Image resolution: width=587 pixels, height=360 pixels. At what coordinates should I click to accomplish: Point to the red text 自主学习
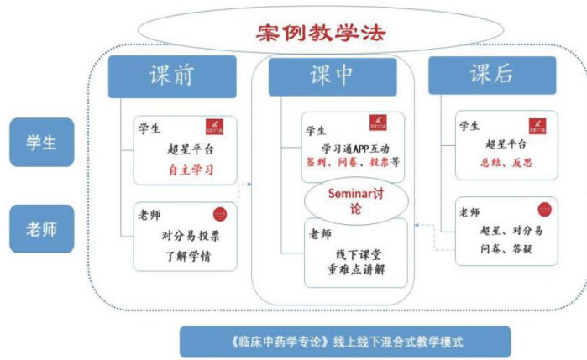pos(191,169)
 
